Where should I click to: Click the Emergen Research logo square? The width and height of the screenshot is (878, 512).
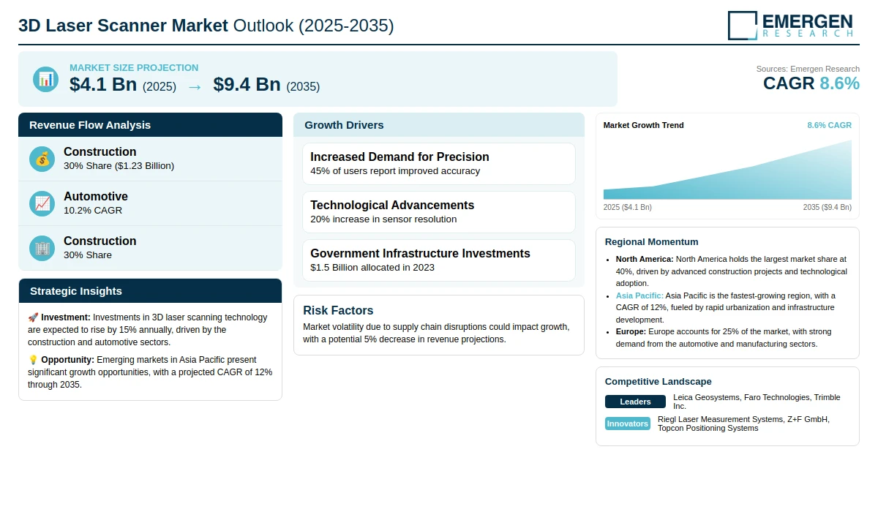[x=743, y=26]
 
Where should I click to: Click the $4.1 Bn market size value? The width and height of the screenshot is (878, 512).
[x=103, y=85]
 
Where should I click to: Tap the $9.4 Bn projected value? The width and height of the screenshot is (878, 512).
[x=247, y=85]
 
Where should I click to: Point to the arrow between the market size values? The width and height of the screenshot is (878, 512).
[x=195, y=87]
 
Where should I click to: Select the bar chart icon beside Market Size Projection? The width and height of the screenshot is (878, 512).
[x=45, y=79]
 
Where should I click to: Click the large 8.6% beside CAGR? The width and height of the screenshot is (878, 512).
[x=839, y=83]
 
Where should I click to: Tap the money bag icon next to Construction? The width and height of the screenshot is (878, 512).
[x=42, y=159]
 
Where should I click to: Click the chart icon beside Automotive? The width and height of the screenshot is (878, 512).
[x=42, y=204]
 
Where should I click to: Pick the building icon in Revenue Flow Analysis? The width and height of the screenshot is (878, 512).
[x=42, y=249]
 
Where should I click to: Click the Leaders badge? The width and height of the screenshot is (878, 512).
[x=635, y=402]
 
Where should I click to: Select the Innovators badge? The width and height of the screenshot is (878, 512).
[x=627, y=423]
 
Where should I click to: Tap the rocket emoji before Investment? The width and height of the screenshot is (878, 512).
[x=33, y=317]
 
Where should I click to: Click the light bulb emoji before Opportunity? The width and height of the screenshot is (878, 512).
[x=33, y=360]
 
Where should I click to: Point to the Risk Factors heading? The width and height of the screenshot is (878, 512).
[x=338, y=310]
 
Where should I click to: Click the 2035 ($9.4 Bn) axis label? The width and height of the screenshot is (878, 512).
[x=827, y=207]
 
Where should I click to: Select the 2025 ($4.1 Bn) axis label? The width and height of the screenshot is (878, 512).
[x=627, y=207]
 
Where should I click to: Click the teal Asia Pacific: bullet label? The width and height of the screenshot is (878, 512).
[x=639, y=295]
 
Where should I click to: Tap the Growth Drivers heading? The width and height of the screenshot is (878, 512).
[x=344, y=125]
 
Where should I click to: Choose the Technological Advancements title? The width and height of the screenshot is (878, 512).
[x=392, y=205]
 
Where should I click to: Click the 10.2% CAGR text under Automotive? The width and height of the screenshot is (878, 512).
[x=92, y=211]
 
